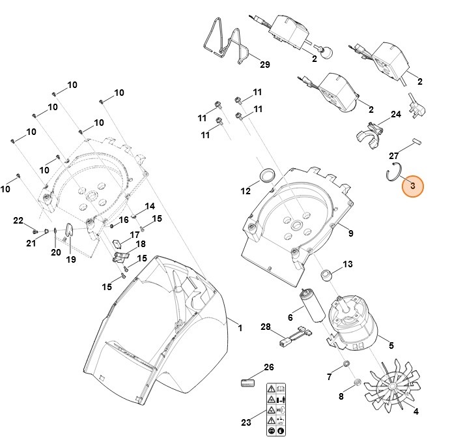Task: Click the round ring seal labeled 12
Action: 266,175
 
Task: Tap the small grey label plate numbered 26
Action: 246,382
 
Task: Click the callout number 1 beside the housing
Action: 240,328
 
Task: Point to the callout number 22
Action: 18,220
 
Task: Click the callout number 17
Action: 135,234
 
